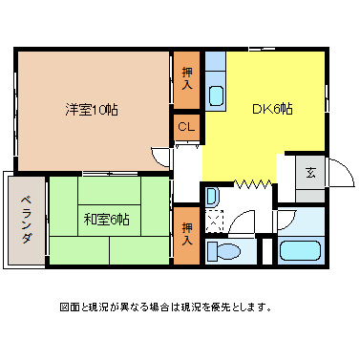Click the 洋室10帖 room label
tap(92, 109)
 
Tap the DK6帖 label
tap(271, 109)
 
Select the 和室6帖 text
tap(106, 219)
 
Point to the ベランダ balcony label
tap(25, 219)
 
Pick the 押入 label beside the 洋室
tap(185, 78)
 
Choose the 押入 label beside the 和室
tap(186, 233)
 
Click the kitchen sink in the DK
tap(215, 95)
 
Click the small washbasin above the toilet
tap(211, 196)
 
